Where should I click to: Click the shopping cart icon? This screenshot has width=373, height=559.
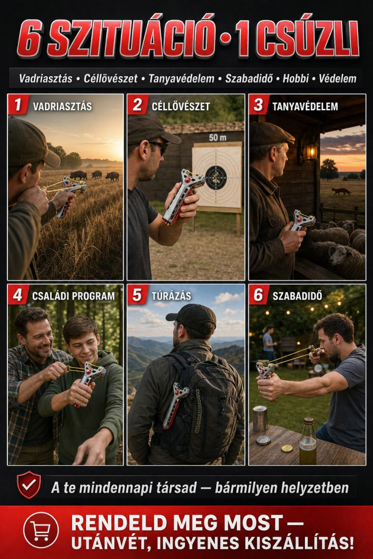pos(41,531)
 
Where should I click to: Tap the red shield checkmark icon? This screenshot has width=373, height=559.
pos(29,484)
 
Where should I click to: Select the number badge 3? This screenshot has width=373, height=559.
pos(259,104)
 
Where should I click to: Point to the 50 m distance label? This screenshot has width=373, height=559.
pos(218,137)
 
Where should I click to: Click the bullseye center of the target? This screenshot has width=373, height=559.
pos(215,177)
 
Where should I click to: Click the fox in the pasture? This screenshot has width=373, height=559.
pos(341,191)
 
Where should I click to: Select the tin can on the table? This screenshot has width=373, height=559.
pos(260,418)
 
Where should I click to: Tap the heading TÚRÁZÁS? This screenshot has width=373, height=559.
pos(171,296)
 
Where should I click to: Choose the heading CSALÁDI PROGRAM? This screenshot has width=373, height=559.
pos(74,296)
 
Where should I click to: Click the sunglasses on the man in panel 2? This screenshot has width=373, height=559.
pos(159,146)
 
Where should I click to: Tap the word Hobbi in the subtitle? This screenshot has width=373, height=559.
pos(295,79)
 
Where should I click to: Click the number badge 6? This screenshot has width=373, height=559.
pos(259,295)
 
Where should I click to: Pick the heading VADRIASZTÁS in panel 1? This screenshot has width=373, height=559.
pos(63,106)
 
